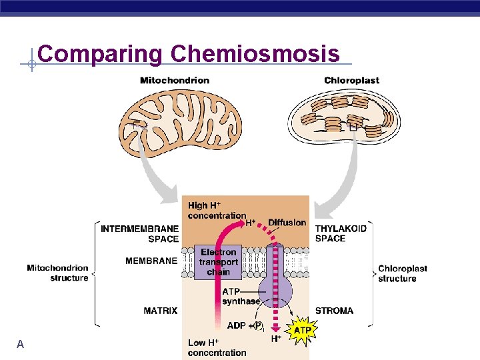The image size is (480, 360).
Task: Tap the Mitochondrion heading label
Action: click(x=175, y=81)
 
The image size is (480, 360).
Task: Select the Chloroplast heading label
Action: click(x=351, y=81)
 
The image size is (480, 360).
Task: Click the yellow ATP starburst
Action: click(x=302, y=331)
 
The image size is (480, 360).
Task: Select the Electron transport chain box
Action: click(x=218, y=262)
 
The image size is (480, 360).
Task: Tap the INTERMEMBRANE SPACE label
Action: click(x=139, y=233)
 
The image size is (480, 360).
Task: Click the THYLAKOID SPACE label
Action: click(x=340, y=233)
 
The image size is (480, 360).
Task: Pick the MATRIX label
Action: click(x=160, y=311)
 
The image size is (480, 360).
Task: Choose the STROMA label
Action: click(x=334, y=311)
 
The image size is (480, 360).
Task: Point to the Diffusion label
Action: click(x=287, y=223)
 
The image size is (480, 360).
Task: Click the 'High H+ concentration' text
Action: click(x=217, y=211)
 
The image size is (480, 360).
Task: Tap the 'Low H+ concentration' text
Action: click(x=217, y=347)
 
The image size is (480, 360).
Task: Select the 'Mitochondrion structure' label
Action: click(x=57, y=273)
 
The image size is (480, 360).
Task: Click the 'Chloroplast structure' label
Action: click(x=403, y=273)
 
